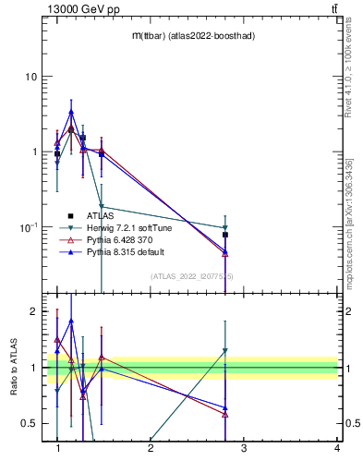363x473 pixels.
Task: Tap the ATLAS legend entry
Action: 99,215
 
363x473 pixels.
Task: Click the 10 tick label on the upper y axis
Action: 31,76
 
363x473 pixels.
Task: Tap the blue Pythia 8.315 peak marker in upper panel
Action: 71,112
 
